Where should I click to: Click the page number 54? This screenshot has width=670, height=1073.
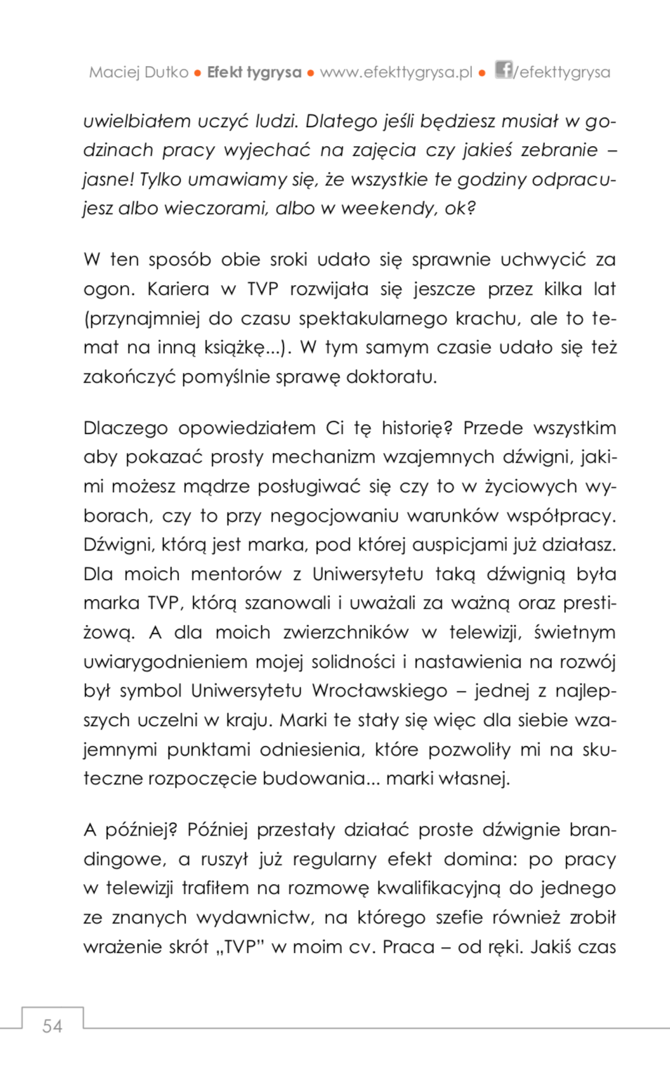[52, 1026]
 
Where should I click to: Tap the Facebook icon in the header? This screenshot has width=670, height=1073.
[504, 70]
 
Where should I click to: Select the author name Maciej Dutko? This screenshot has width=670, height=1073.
[138, 72]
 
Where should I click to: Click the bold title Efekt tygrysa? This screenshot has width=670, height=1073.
[254, 72]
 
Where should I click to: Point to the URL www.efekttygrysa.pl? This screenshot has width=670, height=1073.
[396, 72]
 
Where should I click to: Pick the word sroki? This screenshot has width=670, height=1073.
[289, 260]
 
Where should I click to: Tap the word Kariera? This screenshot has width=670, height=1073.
[178, 289]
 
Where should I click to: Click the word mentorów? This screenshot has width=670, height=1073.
[236, 574]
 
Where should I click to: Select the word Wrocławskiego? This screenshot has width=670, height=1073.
[379, 691]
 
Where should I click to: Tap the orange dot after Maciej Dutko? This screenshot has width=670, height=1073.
[198, 73]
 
